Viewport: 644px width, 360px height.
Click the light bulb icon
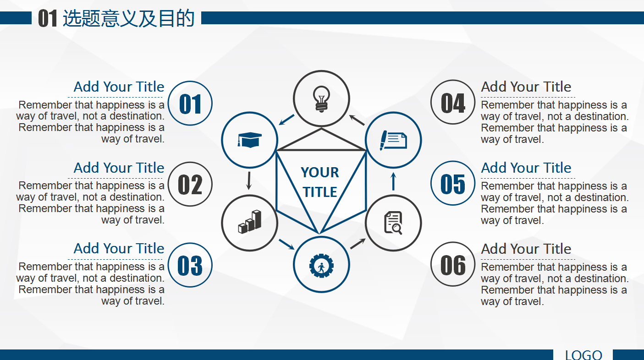[x=321, y=98]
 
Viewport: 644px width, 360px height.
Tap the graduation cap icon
[x=249, y=139]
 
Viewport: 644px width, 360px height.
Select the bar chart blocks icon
[x=249, y=223]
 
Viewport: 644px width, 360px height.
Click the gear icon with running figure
[x=321, y=265]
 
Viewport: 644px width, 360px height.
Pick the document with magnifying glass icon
[x=393, y=223]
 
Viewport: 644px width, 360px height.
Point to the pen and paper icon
[x=393, y=140]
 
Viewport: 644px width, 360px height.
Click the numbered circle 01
[x=190, y=104]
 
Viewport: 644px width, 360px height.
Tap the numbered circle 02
[x=190, y=185]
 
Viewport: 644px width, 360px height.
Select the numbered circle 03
[x=190, y=265]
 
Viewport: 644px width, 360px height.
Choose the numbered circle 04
[x=453, y=103]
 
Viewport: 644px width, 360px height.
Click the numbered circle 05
[x=453, y=184]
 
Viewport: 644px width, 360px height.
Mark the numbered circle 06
[x=453, y=265]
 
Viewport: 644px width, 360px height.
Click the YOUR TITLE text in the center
[x=320, y=182]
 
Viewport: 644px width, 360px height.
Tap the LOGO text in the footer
[x=583, y=355]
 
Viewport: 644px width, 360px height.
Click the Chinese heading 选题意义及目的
[x=129, y=19]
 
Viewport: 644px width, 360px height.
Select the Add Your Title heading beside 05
[x=526, y=168]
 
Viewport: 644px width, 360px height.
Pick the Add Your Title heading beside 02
[x=119, y=168]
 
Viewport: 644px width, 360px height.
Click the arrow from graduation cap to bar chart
[x=249, y=181]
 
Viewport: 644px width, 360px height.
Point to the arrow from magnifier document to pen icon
[x=393, y=181]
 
